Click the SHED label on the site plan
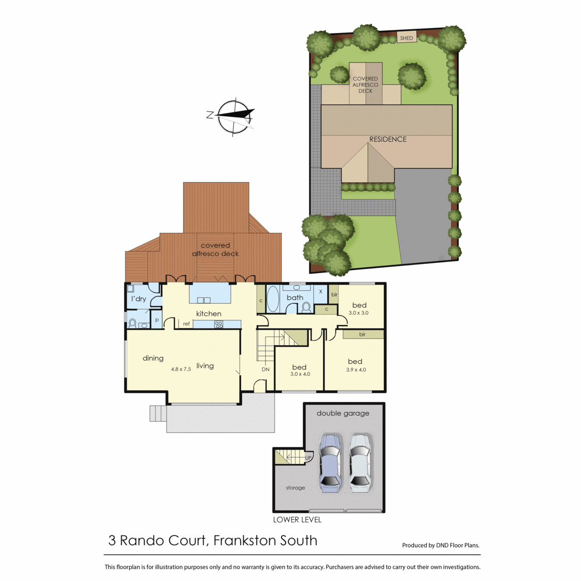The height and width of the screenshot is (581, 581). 406,38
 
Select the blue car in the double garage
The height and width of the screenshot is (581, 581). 331,463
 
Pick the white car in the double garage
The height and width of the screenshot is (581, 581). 360,463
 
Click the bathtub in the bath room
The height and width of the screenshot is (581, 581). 273,299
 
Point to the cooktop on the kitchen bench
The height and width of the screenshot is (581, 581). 218,324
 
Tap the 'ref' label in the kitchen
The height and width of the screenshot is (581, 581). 186,324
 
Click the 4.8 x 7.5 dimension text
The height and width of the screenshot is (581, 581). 181,369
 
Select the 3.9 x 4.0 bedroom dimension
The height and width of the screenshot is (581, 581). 356,369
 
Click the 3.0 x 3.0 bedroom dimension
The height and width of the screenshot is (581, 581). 358,313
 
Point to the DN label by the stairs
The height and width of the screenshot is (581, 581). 265,369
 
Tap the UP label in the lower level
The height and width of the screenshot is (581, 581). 308,458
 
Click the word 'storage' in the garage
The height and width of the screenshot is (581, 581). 295,488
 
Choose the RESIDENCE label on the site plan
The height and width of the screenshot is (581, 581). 388,139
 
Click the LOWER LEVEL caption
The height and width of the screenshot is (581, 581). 297,520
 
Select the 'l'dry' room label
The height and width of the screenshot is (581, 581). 138,299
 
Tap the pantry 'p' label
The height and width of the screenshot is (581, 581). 157,320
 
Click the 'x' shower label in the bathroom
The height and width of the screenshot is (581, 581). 321,291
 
